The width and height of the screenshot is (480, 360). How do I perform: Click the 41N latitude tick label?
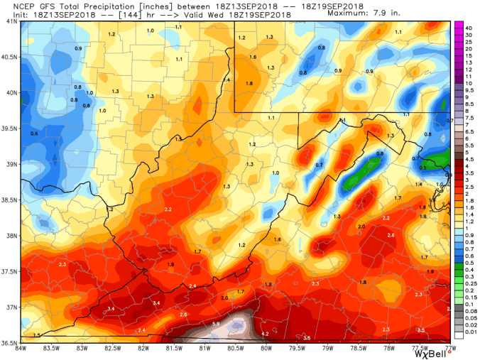point(11,21)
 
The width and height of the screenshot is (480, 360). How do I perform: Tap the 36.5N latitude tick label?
point(10,343)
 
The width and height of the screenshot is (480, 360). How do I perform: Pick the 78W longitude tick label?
point(388,348)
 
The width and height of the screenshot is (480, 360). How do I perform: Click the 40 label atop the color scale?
point(469,28)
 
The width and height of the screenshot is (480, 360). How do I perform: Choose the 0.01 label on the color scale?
point(470,332)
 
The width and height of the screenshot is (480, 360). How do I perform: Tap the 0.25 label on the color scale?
point(470,283)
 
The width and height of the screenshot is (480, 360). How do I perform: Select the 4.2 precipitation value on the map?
point(265,333)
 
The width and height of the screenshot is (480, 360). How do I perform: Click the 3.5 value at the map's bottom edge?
point(307,339)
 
